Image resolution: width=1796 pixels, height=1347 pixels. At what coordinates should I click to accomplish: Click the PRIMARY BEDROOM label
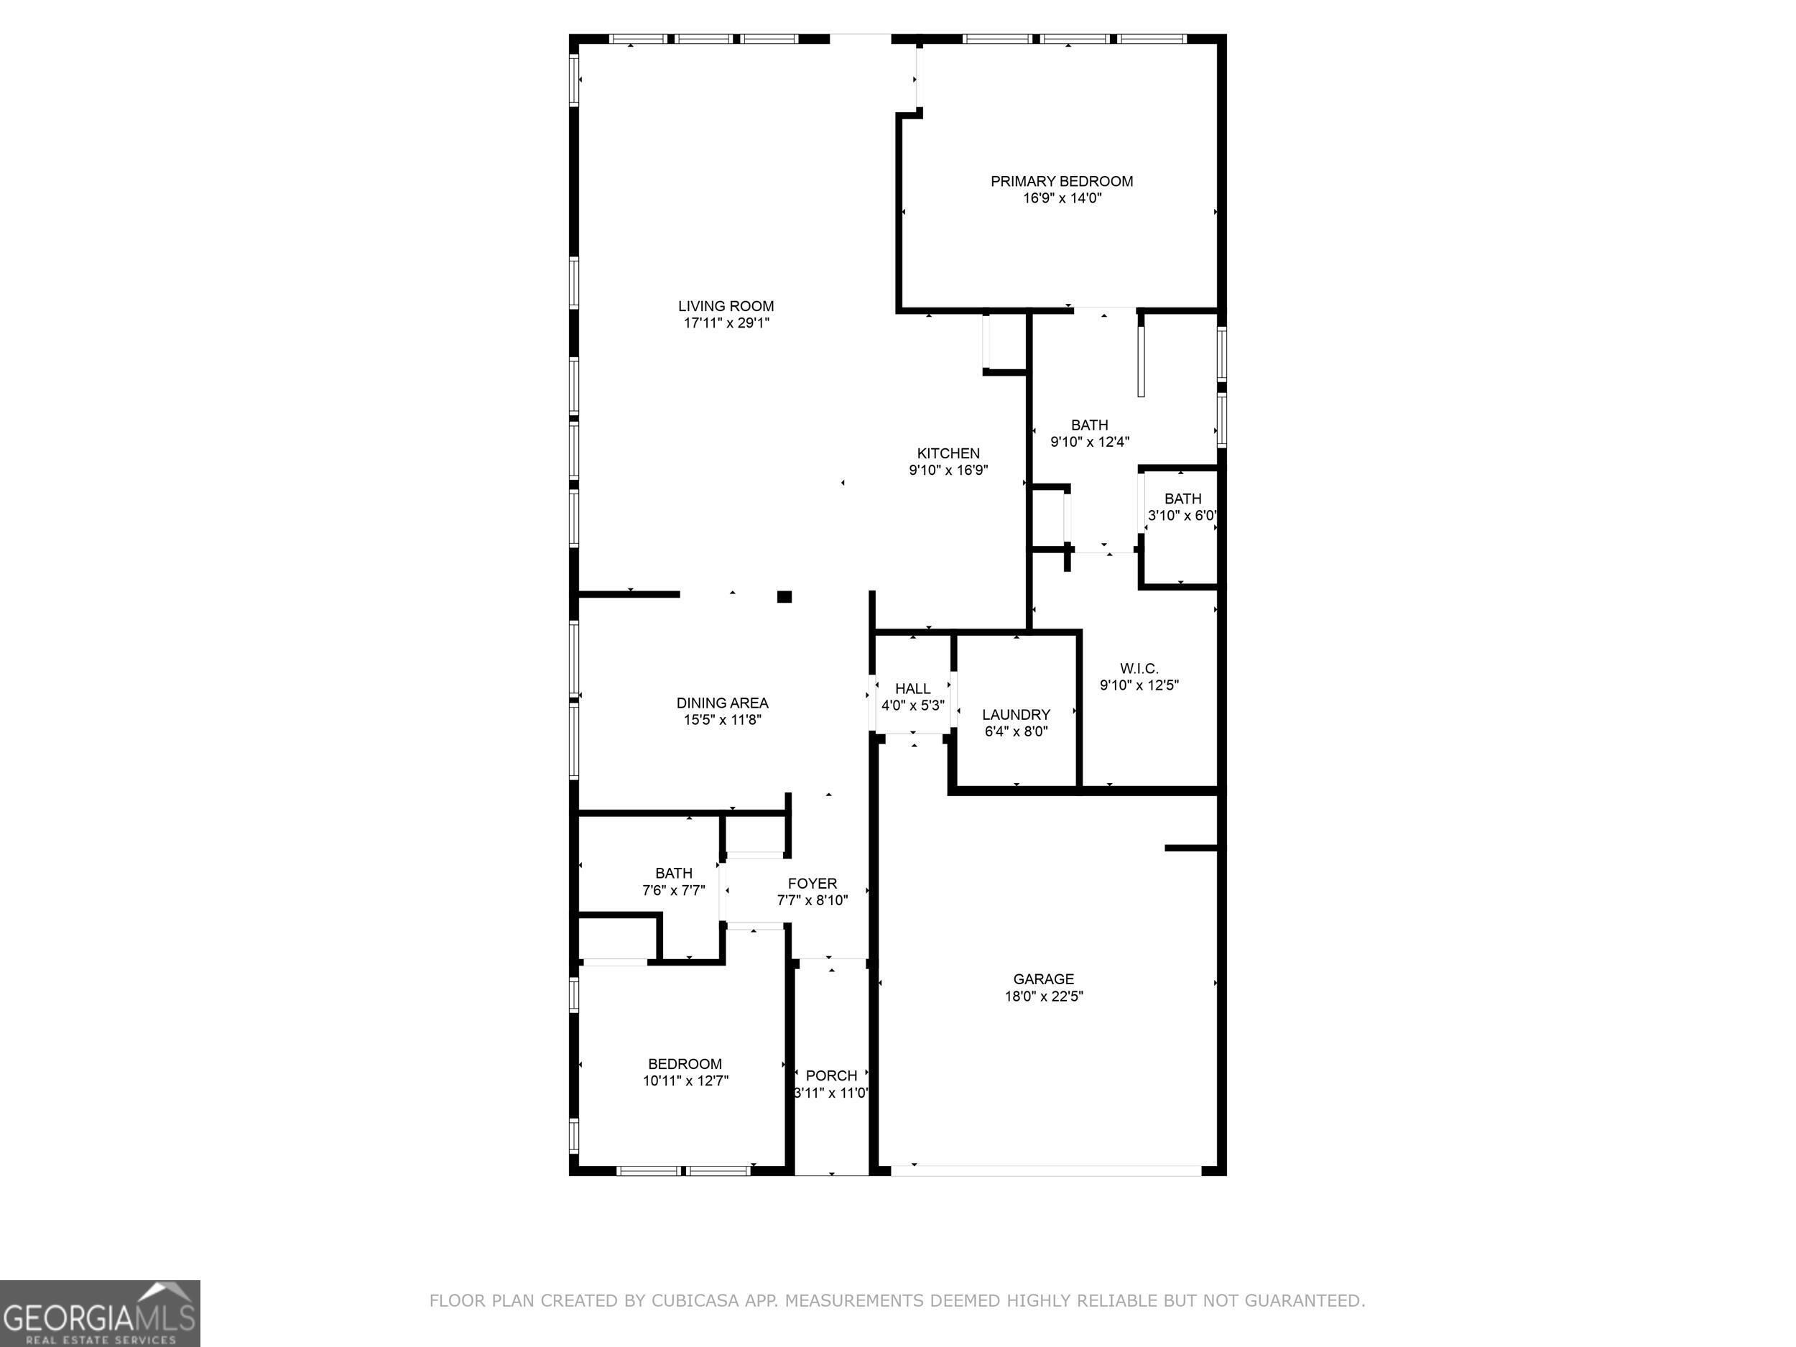click(x=1061, y=181)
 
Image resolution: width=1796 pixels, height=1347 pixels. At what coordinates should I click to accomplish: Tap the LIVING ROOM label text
click(x=726, y=306)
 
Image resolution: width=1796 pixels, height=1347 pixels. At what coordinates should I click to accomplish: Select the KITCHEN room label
click(x=948, y=453)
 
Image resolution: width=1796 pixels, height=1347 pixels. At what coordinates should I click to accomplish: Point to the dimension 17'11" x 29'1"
click(x=726, y=323)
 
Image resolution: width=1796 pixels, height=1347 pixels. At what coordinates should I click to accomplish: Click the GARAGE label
click(x=1043, y=979)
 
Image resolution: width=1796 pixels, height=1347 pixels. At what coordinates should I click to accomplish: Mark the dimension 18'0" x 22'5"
click(x=1043, y=996)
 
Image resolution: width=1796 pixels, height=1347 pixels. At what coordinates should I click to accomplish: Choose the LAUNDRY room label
click(x=1016, y=715)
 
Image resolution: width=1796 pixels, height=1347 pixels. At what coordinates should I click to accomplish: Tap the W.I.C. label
click(x=1139, y=668)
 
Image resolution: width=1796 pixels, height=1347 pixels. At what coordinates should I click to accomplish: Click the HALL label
click(x=912, y=688)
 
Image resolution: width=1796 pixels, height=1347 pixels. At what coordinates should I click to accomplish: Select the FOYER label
click(x=812, y=884)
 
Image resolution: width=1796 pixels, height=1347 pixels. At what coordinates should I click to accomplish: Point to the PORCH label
click(x=831, y=1076)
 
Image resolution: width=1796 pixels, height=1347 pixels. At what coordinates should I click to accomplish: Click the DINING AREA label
click(x=722, y=703)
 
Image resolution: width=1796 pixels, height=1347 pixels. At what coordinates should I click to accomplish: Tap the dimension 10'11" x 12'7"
click(x=685, y=1080)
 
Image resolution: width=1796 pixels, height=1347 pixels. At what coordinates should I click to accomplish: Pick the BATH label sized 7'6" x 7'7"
click(x=674, y=873)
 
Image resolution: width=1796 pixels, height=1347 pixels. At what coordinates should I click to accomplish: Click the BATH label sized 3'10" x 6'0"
click(x=1182, y=499)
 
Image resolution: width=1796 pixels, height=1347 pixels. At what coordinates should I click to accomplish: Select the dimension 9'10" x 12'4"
click(x=1090, y=442)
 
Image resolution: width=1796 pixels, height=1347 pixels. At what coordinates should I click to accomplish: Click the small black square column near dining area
click(x=784, y=597)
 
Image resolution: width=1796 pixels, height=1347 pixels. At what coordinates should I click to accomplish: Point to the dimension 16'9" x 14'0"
click(x=1062, y=198)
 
